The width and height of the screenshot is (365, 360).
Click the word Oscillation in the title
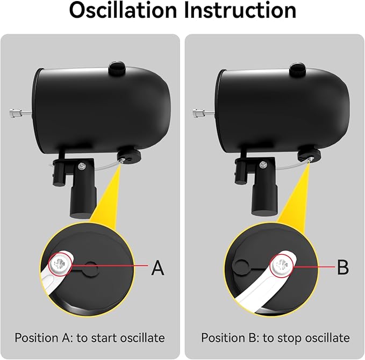tap(124, 10)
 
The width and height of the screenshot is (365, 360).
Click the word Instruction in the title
tap(240, 10)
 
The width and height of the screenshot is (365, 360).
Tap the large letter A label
tap(158, 268)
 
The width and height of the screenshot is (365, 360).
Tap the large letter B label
tap(343, 267)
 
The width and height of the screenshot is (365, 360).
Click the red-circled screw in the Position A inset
tap(60, 264)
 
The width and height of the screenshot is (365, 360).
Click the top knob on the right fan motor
tap(298, 69)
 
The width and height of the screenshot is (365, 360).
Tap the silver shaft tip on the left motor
tap(15, 113)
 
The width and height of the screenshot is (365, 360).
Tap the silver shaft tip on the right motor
tap(197, 113)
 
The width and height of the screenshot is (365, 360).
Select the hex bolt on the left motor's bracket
tap(81, 166)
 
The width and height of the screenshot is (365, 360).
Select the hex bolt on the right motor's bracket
tap(263, 164)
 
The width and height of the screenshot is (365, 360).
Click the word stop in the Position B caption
tap(283, 338)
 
